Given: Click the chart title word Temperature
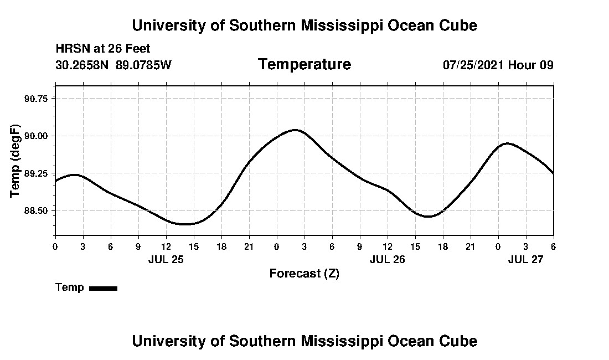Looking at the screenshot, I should coord(304,65).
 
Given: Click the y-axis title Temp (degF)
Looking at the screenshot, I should coord(16,161).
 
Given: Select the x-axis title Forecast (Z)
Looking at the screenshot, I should coord(304,274).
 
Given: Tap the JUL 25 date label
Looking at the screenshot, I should coord(166,259).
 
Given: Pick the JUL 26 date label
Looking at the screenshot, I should coord(388,259).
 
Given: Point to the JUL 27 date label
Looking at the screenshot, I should coord(526,259).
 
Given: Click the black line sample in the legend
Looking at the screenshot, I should coord(103,288).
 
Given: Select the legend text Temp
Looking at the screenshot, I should coord(70,287).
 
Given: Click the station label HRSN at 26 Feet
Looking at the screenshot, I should coord(102,49).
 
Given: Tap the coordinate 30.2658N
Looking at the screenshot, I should coord(82,65).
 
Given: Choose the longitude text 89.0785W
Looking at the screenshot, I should coord(143,65).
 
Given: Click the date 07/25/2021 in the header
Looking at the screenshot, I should coord(473,65).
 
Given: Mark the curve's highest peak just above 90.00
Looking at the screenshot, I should coord(295,130).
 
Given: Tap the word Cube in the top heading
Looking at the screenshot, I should coord(458,25).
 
